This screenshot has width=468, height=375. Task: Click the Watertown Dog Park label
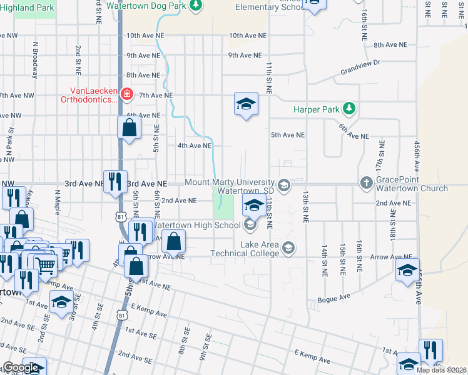tap(146, 4)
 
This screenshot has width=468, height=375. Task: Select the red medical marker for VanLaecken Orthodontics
tap(127, 94)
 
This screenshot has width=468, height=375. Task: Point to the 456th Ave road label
tap(417, 156)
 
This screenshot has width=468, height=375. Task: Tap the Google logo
tap(21, 367)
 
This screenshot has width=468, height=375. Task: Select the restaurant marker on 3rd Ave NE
tap(115, 182)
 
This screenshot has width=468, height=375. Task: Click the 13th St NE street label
tap(306, 207)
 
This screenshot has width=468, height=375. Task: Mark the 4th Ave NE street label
tap(195, 146)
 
